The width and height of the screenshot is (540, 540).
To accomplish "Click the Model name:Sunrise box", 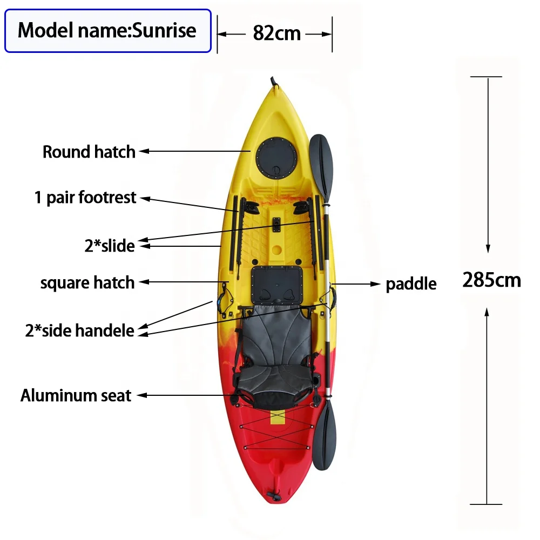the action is (x=107, y=30).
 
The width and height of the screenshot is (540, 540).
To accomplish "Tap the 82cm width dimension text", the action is (x=276, y=33).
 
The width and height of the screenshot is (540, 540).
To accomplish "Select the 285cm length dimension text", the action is (x=491, y=280).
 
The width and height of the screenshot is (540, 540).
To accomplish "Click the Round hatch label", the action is (x=89, y=152).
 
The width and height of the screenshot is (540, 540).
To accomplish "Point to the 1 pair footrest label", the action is (x=85, y=198).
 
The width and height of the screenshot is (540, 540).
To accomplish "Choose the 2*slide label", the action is (x=110, y=246).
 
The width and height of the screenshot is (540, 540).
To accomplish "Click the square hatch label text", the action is (x=87, y=282).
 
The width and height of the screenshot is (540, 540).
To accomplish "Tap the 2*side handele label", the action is (x=79, y=330).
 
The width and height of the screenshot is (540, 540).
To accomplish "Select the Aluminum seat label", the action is (x=76, y=395).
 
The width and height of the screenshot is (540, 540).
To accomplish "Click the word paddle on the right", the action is (x=411, y=283).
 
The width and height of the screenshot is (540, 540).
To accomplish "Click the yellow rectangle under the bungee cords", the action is (x=277, y=416).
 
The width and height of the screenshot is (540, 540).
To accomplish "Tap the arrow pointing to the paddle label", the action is (x=357, y=283).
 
